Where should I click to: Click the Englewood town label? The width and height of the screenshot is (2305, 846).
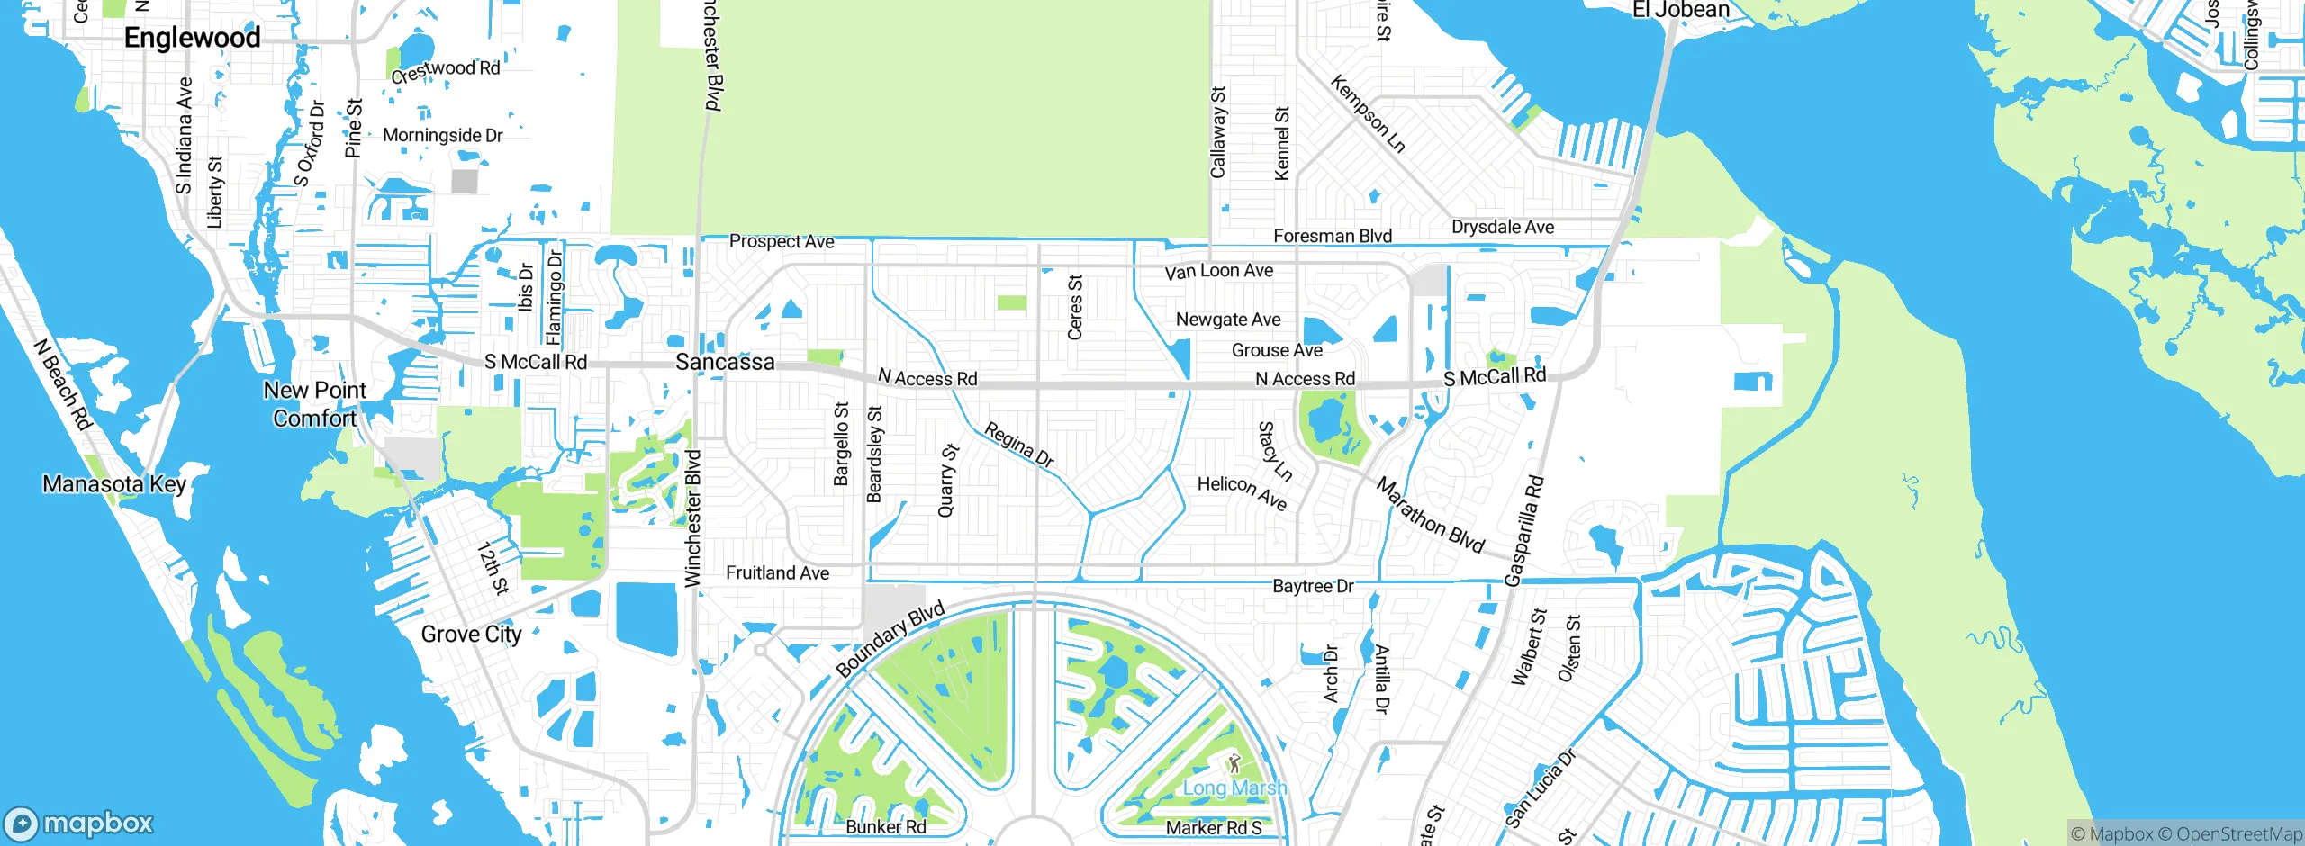point(192,38)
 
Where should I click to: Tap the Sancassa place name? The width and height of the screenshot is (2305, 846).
point(725,362)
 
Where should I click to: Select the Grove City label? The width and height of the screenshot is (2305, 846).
point(471,634)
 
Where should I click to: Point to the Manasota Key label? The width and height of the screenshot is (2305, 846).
point(114,484)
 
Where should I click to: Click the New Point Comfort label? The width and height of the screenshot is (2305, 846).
point(315,404)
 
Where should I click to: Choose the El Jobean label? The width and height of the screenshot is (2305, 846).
point(1680,10)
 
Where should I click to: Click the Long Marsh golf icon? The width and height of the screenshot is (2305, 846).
point(1234,765)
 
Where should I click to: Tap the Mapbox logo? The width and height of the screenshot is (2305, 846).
point(79,823)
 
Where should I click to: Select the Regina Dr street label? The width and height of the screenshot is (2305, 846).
point(1018,445)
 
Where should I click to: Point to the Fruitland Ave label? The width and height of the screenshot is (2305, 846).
point(777,573)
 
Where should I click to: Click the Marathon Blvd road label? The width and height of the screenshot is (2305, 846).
point(1430,515)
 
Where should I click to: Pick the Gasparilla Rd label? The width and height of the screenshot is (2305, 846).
point(1524,530)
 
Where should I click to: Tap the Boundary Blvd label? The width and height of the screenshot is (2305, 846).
point(890,639)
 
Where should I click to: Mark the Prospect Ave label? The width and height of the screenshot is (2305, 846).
point(782,241)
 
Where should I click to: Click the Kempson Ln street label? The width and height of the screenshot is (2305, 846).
point(1367,114)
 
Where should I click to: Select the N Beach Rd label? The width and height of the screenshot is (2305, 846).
point(63,384)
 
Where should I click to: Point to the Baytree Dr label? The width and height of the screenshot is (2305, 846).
point(1313,586)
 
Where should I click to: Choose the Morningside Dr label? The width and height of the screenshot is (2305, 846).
point(442,135)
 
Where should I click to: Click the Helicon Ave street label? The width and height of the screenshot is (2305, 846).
point(1242,492)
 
